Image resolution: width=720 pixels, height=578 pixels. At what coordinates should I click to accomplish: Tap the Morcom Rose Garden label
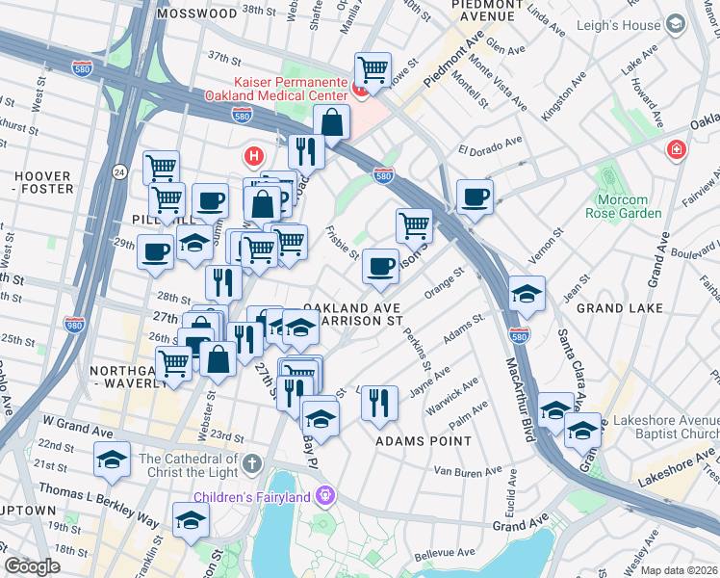click(623, 206)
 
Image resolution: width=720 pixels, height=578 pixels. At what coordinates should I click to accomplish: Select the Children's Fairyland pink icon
click(327, 497)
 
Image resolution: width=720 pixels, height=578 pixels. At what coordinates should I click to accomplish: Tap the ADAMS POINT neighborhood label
click(424, 441)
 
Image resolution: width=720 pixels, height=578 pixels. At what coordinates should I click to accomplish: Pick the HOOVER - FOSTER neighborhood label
click(42, 182)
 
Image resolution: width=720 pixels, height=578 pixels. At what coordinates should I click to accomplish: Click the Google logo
click(32, 566)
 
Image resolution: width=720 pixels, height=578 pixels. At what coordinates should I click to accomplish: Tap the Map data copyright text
click(679, 570)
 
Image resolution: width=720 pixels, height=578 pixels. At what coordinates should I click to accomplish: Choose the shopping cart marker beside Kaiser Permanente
click(373, 69)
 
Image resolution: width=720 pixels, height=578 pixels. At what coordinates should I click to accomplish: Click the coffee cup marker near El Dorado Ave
click(475, 197)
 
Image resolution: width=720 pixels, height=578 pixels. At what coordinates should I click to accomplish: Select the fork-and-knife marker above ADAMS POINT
click(380, 402)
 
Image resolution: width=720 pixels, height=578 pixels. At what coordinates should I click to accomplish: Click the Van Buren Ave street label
click(469, 471)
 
